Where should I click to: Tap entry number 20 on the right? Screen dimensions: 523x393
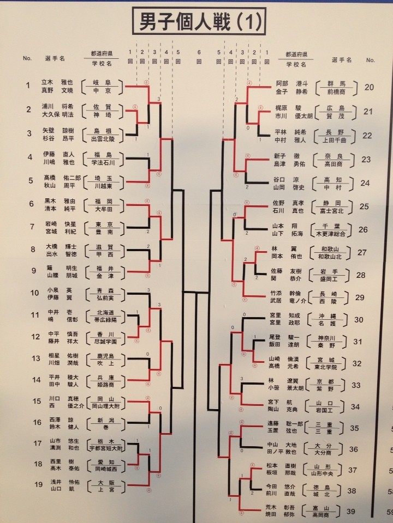coord(369,87)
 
